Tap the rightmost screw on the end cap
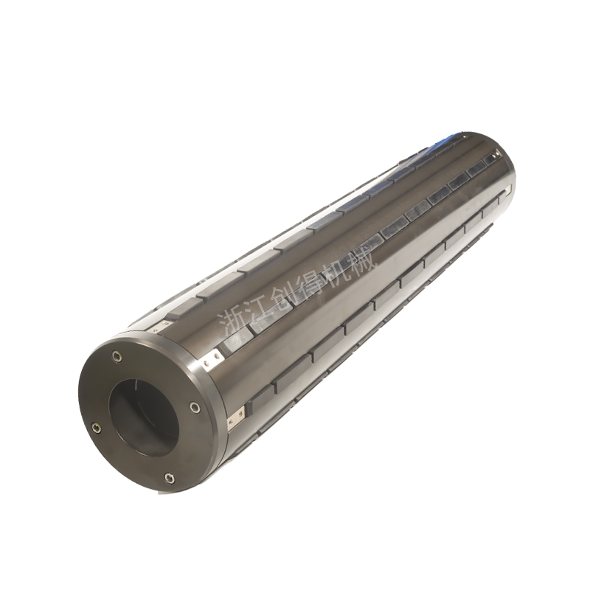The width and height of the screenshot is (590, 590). (194, 407)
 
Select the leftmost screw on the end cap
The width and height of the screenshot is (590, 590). (97, 428)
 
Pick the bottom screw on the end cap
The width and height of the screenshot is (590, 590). (170, 478)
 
